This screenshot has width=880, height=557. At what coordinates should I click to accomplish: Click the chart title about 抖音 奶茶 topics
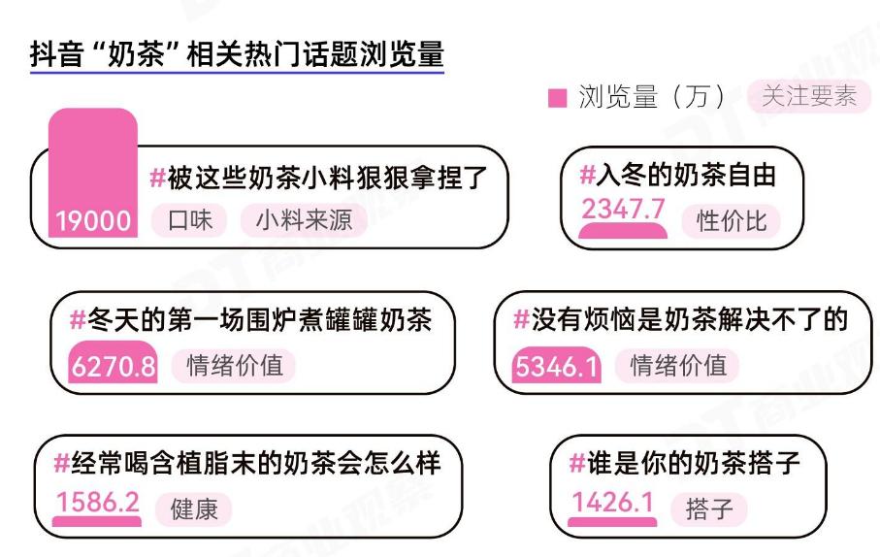click(x=237, y=53)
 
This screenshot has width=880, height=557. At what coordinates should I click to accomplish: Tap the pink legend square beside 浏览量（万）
click(x=557, y=98)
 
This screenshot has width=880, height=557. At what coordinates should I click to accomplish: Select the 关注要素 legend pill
click(x=808, y=96)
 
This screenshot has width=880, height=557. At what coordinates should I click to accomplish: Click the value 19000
click(x=93, y=221)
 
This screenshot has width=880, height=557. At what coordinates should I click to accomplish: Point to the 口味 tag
click(x=189, y=220)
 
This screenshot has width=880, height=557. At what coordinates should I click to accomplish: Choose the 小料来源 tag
click(x=304, y=220)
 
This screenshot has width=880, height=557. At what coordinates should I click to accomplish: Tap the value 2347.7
click(x=623, y=208)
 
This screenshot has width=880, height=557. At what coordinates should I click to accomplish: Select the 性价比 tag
click(x=732, y=220)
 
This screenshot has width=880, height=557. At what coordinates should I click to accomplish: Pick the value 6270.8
click(x=114, y=368)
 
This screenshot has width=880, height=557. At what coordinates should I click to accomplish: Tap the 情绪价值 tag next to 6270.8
click(x=234, y=366)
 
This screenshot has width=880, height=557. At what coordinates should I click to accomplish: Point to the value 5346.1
click(x=558, y=368)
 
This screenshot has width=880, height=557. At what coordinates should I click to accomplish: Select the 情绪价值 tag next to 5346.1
click(x=678, y=366)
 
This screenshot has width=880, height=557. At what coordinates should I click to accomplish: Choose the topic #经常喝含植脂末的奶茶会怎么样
click(x=247, y=462)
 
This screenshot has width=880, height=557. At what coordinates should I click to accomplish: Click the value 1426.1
click(x=612, y=503)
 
